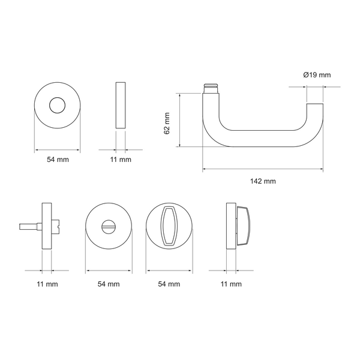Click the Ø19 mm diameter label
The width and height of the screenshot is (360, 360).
click(317, 75)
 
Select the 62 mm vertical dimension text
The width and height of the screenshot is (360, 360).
click(167, 123)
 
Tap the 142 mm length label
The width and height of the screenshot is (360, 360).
click(263, 181)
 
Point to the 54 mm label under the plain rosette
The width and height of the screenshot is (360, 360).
click(58, 160)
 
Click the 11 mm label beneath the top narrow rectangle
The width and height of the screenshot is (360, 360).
click(121, 160)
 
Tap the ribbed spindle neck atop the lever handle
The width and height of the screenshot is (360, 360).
click(211, 88)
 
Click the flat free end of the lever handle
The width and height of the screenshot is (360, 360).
click(315, 104)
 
